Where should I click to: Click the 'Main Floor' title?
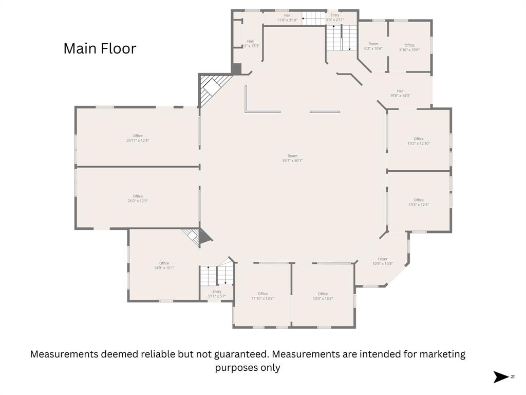[100, 49]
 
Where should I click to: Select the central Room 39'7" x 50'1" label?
[292, 158]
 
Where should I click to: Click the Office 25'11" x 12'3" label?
[138, 138]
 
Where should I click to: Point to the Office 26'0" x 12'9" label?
[138, 199]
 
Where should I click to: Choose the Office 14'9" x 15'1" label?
[164, 265]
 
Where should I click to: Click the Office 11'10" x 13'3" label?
[262, 296]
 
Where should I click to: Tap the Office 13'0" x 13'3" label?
[323, 296]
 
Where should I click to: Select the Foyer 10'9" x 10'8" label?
[383, 262]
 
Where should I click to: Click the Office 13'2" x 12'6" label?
[419, 202]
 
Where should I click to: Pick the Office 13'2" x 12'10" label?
[419, 141]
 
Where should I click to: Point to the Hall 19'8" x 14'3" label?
[400, 93]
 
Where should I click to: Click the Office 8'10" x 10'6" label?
[409, 47]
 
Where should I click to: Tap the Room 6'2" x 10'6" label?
[373, 46]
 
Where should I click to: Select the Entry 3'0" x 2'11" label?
[334, 17]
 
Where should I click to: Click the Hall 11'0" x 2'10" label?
[287, 17]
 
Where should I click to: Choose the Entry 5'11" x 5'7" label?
[217, 294]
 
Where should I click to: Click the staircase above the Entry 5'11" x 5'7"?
[216, 275]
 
